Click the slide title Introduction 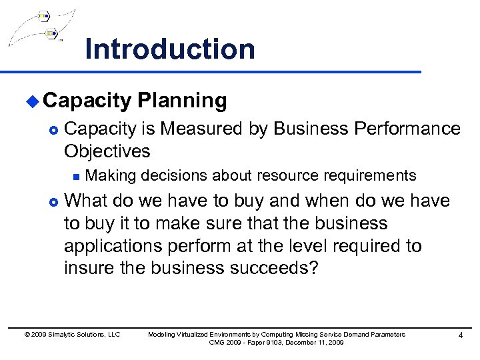[x=170, y=49]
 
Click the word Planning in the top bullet [x=182, y=101]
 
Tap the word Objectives [x=107, y=151]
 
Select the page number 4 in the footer [x=460, y=335]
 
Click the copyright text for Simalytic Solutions [x=72, y=335]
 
